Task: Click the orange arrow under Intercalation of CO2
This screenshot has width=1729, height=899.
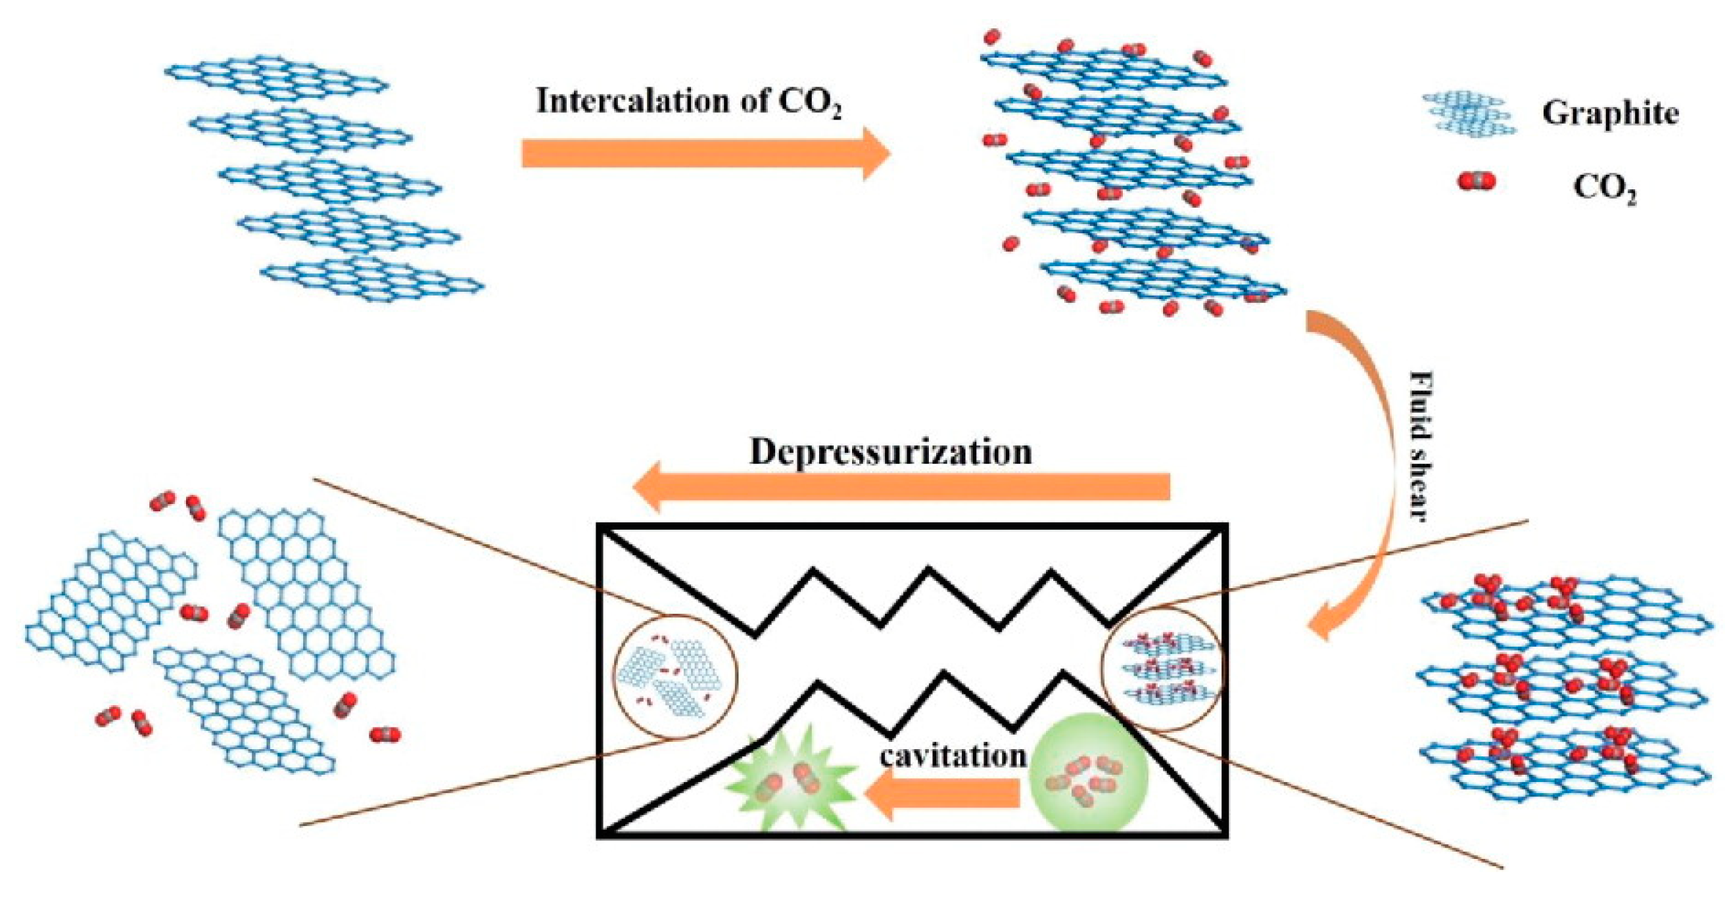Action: pos(705,154)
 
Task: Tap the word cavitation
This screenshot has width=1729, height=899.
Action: pos(953,756)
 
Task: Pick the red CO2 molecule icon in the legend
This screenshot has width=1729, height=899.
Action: pos(1476,181)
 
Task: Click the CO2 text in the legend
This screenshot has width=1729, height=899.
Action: pos(1604,189)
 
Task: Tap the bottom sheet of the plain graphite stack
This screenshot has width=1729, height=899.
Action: pos(373,279)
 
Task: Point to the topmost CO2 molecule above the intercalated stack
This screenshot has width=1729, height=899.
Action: pos(992,35)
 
